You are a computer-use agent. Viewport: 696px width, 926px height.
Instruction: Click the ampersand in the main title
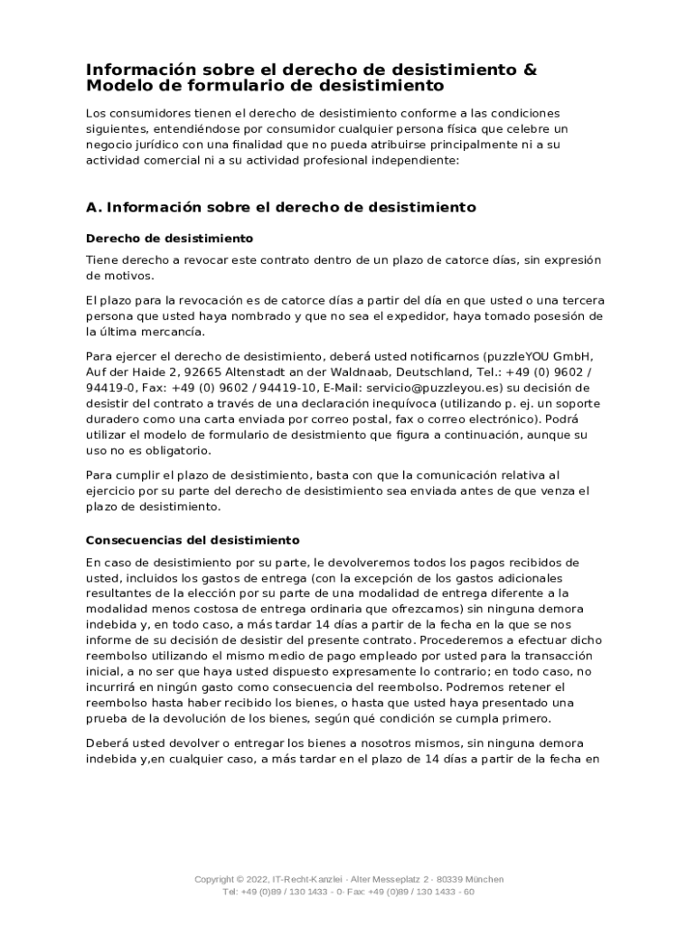(x=530, y=70)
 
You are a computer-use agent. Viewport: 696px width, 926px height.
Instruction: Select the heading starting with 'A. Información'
(x=280, y=207)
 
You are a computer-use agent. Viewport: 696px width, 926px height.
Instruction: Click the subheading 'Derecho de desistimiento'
(x=169, y=239)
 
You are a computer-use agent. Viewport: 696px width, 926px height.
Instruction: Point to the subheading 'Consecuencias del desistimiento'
(x=193, y=541)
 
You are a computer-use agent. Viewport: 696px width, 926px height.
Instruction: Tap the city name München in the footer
(x=483, y=879)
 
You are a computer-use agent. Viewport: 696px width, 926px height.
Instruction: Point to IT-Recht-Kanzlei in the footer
(x=307, y=879)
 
